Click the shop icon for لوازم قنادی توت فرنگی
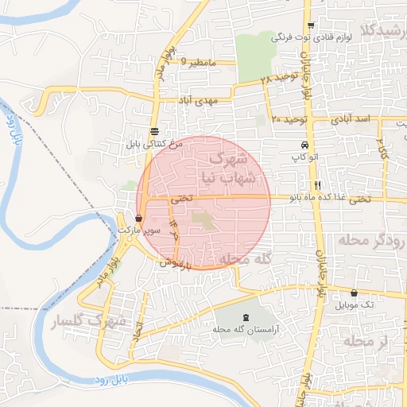pos(321,25)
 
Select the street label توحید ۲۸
pos(280,78)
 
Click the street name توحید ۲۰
pos(288,118)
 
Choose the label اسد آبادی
pos(355,118)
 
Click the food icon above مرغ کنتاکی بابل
pos(154,133)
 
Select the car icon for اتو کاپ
pos(304,145)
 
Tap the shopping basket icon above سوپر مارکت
pos(139,217)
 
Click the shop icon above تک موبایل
pos(354,293)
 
